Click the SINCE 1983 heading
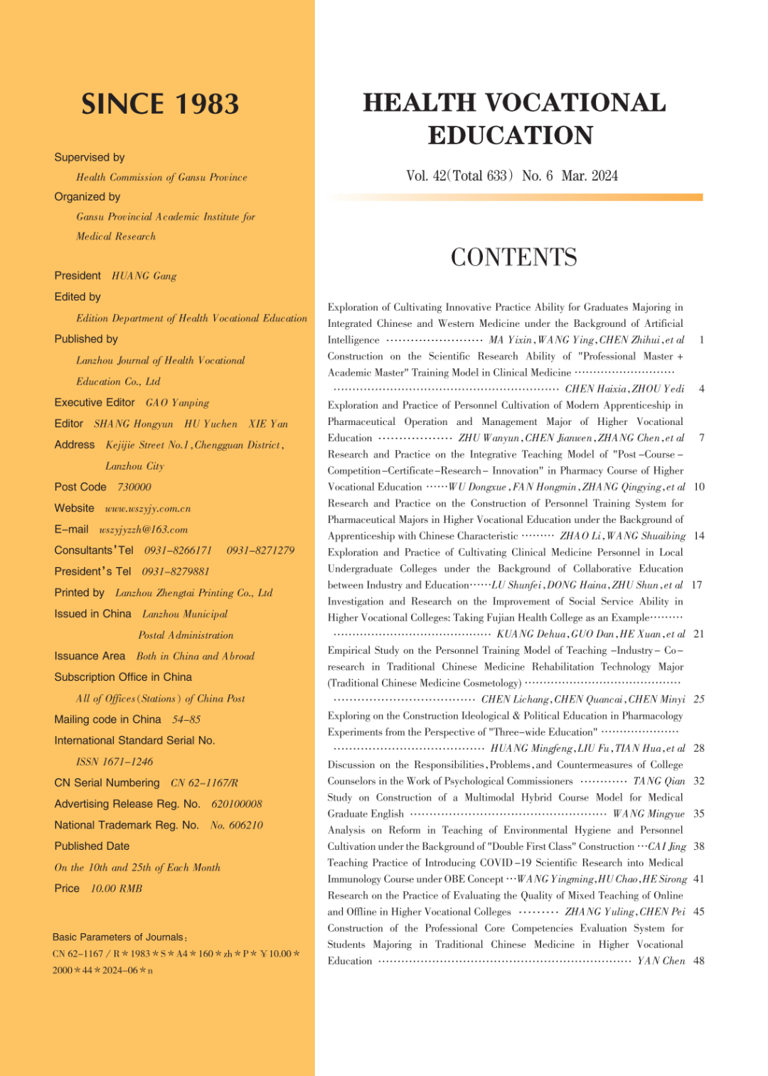(x=160, y=104)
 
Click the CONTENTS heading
(x=513, y=257)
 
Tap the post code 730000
(x=134, y=488)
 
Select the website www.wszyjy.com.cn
(x=148, y=509)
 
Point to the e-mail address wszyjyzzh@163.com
(x=144, y=530)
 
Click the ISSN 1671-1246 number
(x=114, y=762)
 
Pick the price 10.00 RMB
(x=117, y=889)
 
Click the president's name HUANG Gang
(x=144, y=276)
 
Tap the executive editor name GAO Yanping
(x=178, y=403)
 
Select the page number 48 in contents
(x=699, y=961)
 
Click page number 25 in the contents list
(x=699, y=699)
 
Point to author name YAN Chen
(x=661, y=961)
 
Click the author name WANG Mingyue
(x=649, y=814)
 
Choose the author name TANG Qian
(x=659, y=781)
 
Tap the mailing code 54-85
(x=186, y=720)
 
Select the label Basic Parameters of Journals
(x=119, y=937)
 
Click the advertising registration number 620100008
(x=237, y=805)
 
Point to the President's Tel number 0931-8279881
(x=176, y=572)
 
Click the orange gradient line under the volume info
(x=516, y=198)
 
